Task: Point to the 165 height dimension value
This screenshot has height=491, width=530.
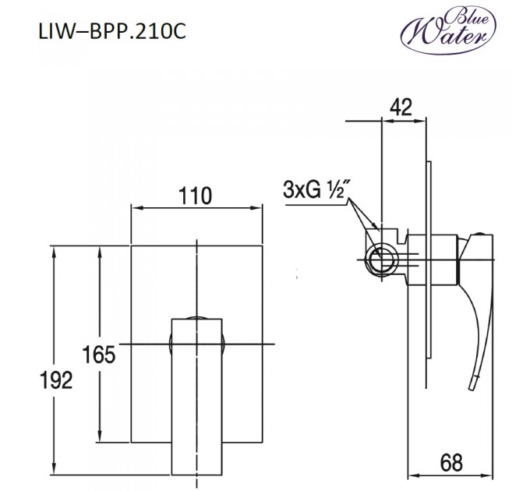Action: click(x=99, y=354)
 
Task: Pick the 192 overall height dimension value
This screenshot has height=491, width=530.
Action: click(x=55, y=380)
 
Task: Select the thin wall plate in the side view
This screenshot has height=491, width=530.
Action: click(x=427, y=273)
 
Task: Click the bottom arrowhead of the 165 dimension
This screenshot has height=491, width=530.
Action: click(x=99, y=438)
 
